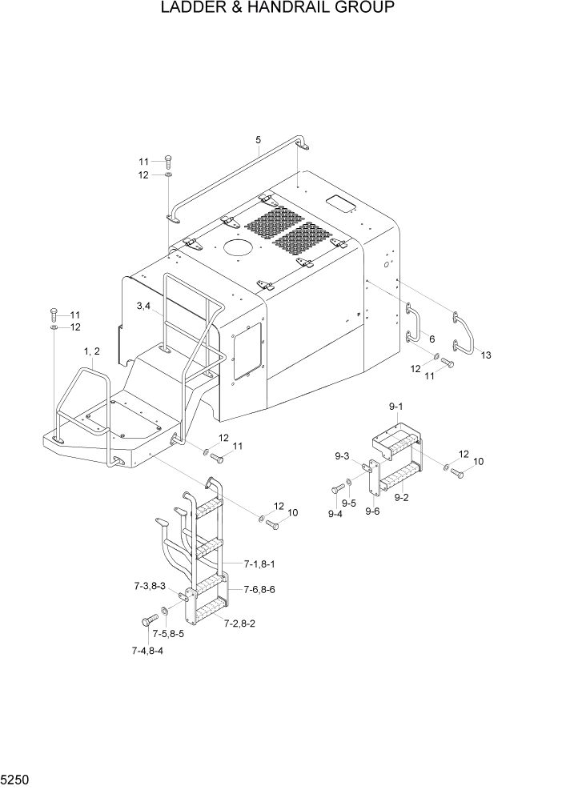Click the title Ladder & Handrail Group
[277, 9]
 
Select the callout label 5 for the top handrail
[258, 141]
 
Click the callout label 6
[431, 339]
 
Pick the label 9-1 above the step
[396, 408]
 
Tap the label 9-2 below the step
[402, 497]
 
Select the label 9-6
[372, 512]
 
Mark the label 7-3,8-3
[150, 587]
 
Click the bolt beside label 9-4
[334, 487]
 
